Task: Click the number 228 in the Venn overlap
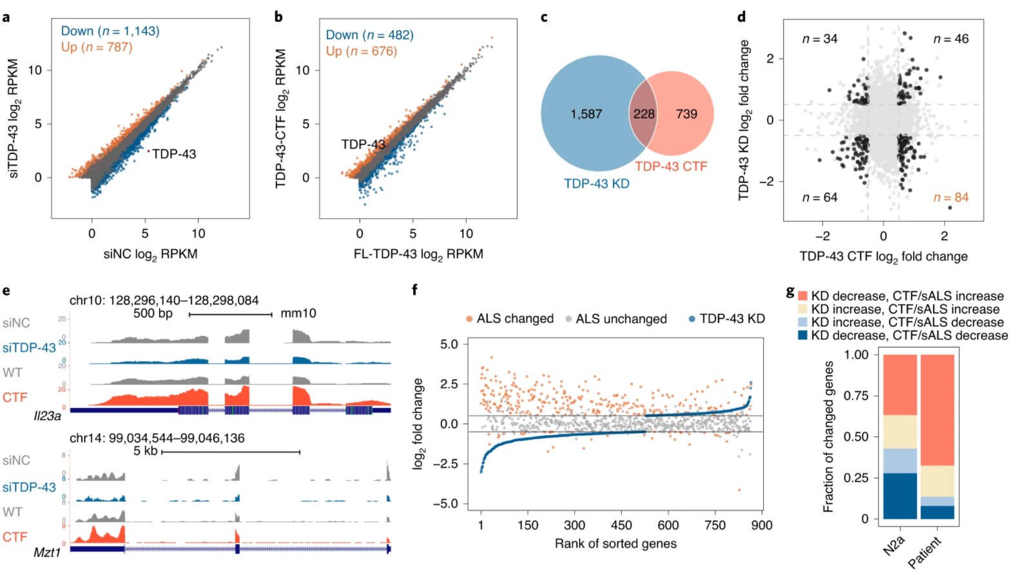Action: point(643,114)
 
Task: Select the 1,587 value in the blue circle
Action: point(586,114)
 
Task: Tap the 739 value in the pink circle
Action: point(686,114)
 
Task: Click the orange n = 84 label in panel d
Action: point(951,197)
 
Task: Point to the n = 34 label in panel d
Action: point(819,39)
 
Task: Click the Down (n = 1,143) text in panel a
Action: point(110,31)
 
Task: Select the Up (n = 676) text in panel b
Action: point(361,51)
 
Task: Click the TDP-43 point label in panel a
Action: point(174,154)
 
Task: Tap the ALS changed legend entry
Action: point(514,318)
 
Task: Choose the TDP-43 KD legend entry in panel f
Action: point(731,318)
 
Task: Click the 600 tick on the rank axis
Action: point(668,525)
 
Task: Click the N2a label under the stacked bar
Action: point(894,545)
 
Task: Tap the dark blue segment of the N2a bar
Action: point(900,496)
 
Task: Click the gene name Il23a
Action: point(47,416)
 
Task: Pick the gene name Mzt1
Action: point(47,552)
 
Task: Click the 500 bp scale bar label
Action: point(153,313)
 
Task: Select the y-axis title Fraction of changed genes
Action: point(828,436)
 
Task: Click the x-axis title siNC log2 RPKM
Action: point(150,254)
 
